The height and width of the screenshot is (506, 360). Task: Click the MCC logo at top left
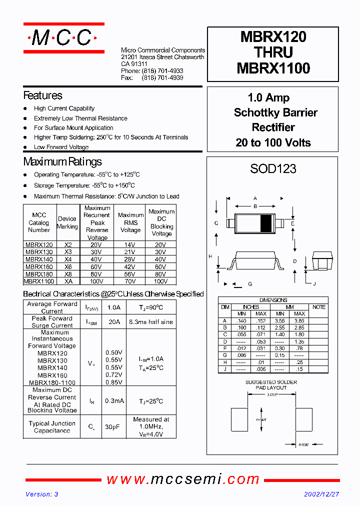click(63, 38)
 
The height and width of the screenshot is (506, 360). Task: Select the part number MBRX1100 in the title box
click(273, 68)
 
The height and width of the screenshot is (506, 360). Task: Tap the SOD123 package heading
click(273, 169)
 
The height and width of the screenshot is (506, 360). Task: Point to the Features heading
click(43, 95)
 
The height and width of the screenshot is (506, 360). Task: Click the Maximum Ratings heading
click(62, 161)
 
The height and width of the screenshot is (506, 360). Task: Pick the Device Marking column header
click(67, 222)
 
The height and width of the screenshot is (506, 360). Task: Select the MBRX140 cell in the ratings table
click(39, 259)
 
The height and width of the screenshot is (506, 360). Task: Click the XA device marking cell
click(68, 281)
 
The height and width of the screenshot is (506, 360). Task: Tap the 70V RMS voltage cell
click(130, 281)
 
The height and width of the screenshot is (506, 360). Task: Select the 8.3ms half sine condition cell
click(150, 322)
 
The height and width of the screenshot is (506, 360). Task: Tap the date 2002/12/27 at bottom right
click(321, 494)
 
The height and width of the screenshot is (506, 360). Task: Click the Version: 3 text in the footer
click(42, 494)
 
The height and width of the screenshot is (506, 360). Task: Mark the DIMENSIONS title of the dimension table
click(273, 300)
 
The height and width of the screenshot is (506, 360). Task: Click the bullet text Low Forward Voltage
click(61, 147)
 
